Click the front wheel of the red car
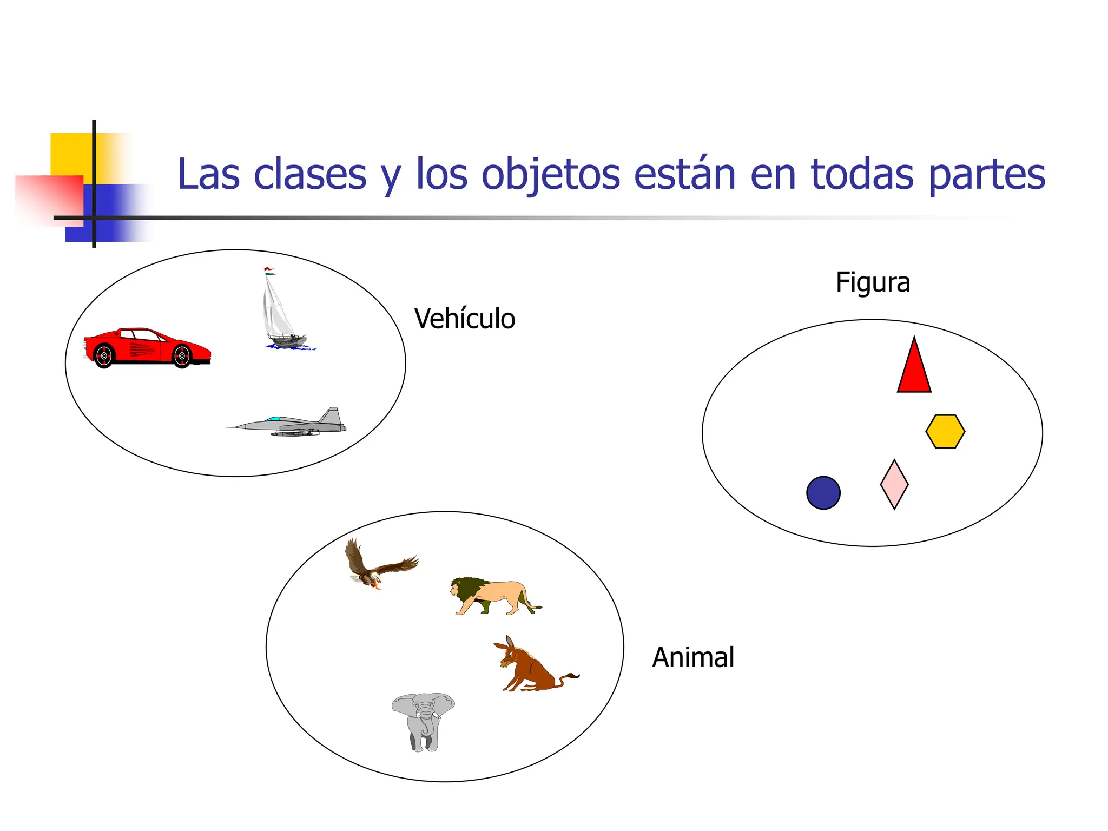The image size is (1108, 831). (182, 356)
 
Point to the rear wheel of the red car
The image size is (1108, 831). (104, 355)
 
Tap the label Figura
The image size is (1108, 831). (873, 282)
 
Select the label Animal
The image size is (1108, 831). (693, 657)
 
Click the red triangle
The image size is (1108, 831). (914, 371)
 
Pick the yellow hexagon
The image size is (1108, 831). (945, 431)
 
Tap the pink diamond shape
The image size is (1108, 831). (894, 485)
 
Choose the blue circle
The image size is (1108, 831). (823, 493)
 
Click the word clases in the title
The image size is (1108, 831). (310, 174)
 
